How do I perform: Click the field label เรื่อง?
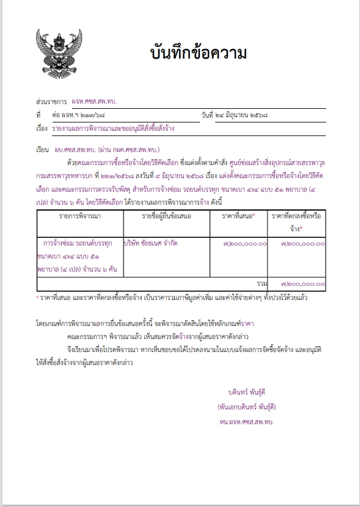point(41,128)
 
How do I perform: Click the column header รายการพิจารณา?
point(80,217)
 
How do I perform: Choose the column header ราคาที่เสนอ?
point(238,217)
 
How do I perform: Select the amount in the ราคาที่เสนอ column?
point(245,243)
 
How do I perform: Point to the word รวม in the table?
point(262,285)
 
